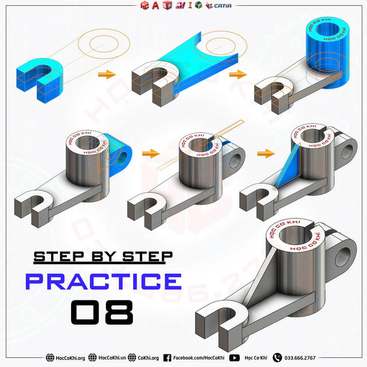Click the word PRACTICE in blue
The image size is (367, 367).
103,282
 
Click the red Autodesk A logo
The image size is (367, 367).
155,5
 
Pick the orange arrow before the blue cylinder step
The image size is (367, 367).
235,75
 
